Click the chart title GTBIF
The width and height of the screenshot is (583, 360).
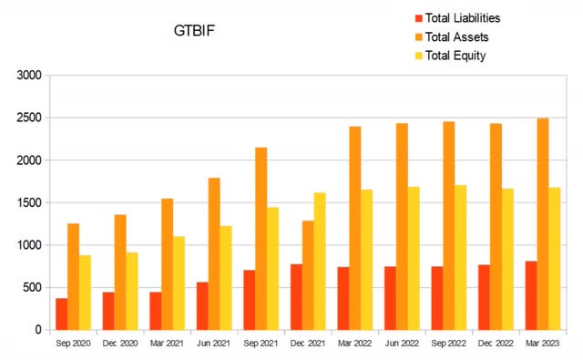tap(193, 31)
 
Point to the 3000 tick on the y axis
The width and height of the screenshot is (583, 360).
tap(30, 76)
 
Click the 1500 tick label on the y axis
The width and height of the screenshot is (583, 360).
tap(30, 202)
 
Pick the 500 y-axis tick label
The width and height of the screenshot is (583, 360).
tap(33, 287)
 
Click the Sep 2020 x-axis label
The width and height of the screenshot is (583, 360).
tap(73, 344)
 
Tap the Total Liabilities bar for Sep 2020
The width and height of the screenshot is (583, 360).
tap(62, 314)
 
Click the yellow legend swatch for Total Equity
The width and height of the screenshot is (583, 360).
tap(418, 56)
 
